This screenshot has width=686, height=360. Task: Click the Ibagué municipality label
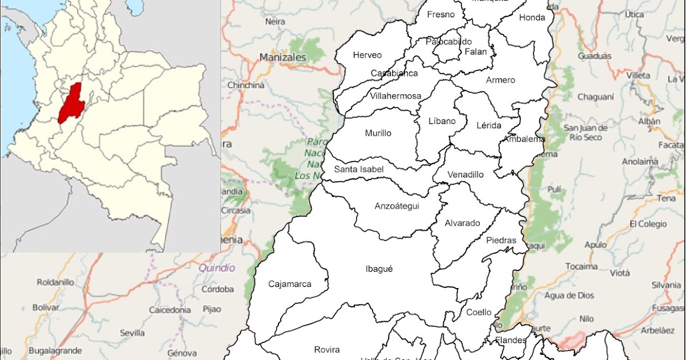tap(379, 269)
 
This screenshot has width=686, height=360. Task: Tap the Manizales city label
tap(283, 58)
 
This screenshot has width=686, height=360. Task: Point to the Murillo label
tap(378, 133)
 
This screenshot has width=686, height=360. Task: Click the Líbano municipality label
tap(442, 121)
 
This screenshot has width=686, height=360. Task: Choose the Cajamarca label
tap(289, 283)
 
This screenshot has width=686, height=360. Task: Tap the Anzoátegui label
tap(397, 206)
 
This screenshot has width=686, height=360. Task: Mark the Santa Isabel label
tap(359, 169)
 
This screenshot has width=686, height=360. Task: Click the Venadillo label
tap(465, 174)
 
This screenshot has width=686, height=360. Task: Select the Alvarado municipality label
tap(462, 223)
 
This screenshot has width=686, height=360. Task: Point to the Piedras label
tap(501, 241)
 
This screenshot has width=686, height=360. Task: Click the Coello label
tap(478, 312)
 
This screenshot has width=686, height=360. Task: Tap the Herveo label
tap(367, 55)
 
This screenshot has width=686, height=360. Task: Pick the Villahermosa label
tap(396, 95)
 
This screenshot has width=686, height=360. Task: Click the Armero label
tap(500, 80)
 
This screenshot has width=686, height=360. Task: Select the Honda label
tap(532, 18)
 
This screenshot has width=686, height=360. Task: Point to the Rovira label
tap(327, 350)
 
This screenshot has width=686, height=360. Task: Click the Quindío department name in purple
tap(217, 267)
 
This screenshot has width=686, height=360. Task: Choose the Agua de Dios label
tap(569, 295)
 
